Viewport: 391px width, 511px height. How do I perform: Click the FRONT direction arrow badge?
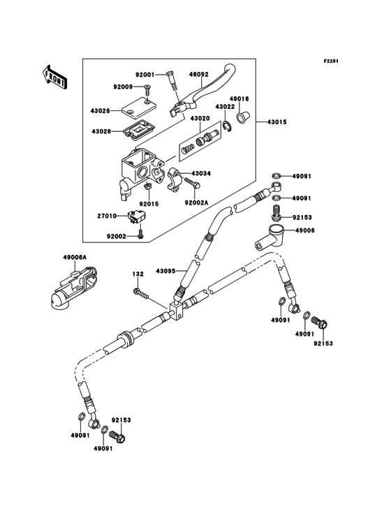click(55, 77)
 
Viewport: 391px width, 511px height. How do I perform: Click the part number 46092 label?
click(198, 72)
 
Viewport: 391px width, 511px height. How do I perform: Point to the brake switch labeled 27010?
click(133, 217)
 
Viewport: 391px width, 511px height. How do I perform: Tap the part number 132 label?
click(138, 274)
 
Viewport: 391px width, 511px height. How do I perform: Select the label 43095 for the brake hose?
click(165, 270)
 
